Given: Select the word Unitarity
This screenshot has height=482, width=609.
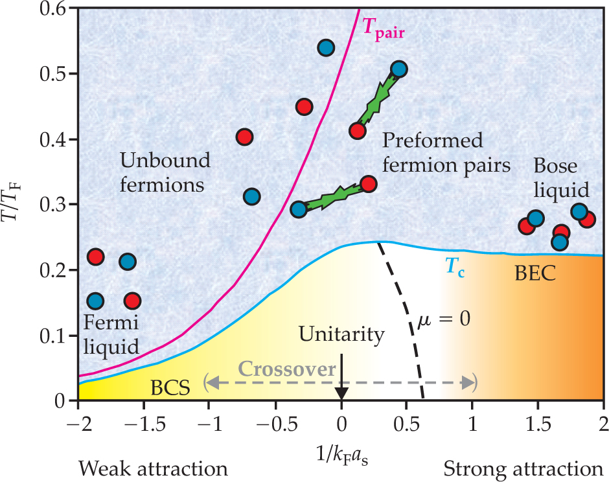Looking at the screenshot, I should (x=341, y=334).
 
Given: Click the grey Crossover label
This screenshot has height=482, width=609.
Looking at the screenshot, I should (x=296, y=369).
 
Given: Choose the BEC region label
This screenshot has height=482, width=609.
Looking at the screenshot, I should (x=534, y=273).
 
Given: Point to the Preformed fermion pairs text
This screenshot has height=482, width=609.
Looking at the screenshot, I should (x=446, y=152).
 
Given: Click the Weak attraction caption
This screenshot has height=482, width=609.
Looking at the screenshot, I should (x=154, y=468).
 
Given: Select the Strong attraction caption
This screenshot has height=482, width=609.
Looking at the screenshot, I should (x=523, y=468).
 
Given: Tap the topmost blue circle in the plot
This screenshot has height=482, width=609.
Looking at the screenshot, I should (x=326, y=47).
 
